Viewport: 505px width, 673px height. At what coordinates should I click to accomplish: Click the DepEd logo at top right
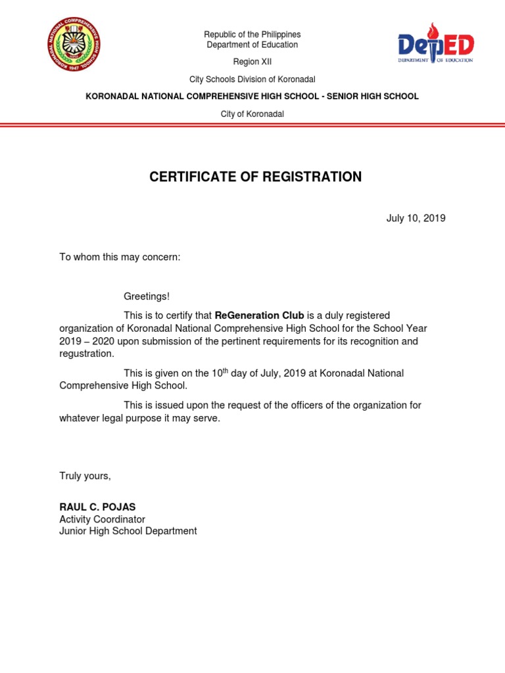[x=435, y=44]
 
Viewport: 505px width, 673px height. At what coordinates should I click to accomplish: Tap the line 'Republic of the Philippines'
[x=252, y=34]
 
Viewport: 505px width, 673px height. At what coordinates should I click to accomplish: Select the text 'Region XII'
[x=252, y=62]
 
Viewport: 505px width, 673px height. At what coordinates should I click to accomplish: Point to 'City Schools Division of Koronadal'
[x=252, y=80]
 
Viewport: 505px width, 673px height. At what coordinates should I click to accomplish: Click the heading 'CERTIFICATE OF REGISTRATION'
[x=255, y=177]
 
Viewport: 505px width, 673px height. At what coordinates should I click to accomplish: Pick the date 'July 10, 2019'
[x=416, y=218]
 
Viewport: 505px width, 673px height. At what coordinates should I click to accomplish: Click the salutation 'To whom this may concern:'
[x=120, y=257]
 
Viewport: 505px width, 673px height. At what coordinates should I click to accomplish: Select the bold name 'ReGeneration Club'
[x=259, y=316]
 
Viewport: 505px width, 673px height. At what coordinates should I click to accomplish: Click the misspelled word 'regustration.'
[x=87, y=354]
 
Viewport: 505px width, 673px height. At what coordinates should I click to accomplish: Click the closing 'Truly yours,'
[x=85, y=476]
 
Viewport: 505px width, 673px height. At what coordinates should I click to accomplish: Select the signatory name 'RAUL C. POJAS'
[x=97, y=507]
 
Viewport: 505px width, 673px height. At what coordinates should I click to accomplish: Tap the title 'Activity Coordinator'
[x=102, y=519]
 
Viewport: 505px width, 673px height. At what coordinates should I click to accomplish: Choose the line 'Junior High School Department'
[x=128, y=531]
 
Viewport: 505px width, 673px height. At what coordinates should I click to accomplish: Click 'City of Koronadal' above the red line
[x=252, y=114]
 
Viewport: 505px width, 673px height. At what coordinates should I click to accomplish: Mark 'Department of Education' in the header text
[x=252, y=45]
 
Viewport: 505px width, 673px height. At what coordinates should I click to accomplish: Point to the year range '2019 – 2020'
[x=85, y=342]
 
